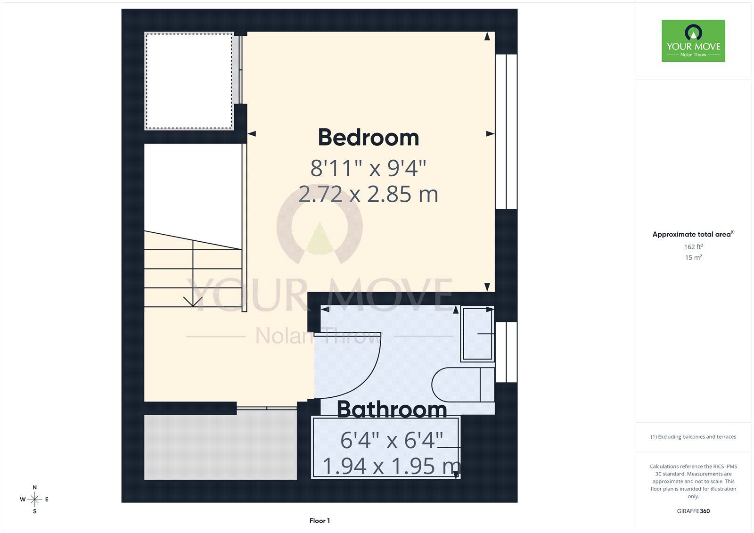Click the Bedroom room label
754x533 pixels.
pyautogui.click(x=369, y=138)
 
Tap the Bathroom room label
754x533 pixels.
pyautogui.click(x=392, y=410)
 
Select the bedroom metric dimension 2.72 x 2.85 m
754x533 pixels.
pyautogui.click(x=368, y=194)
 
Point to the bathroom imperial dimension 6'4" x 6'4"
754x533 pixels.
pyautogui.click(x=392, y=440)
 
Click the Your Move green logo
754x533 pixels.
pyautogui.click(x=693, y=41)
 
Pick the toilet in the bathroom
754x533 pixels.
pyautogui.click(x=463, y=385)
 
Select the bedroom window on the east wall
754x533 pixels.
pyautogui.click(x=506, y=131)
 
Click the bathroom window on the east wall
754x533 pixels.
pyautogui.click(x=506, y=352)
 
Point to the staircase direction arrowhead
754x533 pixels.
pyautogui.click(x=193, y=302)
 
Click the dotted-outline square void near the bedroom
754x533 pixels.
pyautogui.click(x=189, y=81)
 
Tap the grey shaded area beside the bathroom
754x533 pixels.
pyautogui.click(x=221, y=447)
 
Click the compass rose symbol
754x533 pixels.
pyautogui.click(x=35, y=499)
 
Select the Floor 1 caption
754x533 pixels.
pyautogui.click(x=320, y=521)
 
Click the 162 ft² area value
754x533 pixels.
pyautogui.click(x=693, y=246)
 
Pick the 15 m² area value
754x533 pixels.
pyautogui.click(x=693, y=257)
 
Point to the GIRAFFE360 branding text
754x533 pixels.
pyautogui.click(x=693, y=511)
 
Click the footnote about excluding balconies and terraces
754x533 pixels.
pyautogui.click(x=693, y=437)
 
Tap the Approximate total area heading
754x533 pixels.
pyautogui.click(x=693, y=234)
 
